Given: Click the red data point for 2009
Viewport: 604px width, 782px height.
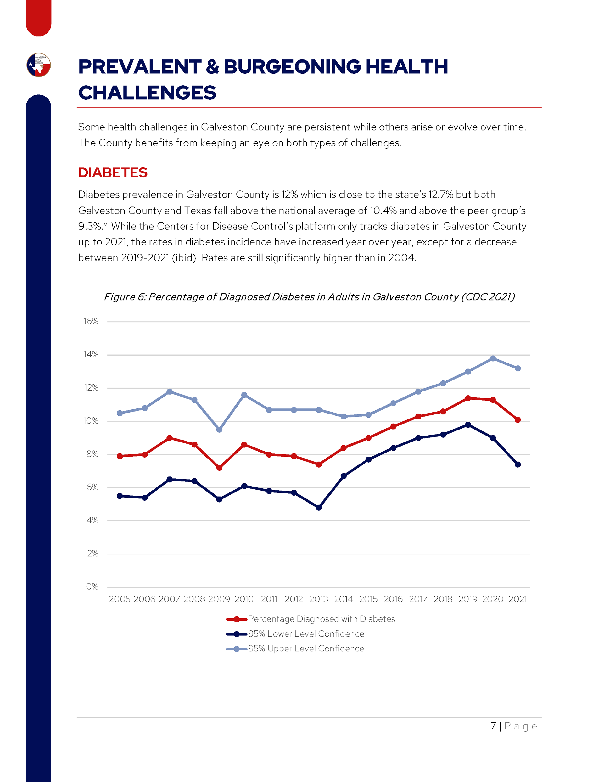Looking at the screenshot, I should click(x=219, y=468).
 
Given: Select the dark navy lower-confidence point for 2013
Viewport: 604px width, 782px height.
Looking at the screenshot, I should click(x=319, y=507).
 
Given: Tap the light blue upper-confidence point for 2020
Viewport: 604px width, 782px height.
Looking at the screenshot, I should click(x=493, y=358).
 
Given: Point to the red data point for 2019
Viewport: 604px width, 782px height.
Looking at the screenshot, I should click(x=468, y=398).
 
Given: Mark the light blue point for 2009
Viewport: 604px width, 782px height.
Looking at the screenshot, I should click(x=219, y=430).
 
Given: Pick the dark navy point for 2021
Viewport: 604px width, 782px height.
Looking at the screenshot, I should click(x=517, y=464).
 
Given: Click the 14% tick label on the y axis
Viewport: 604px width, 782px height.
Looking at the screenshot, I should click(x=91, y=354).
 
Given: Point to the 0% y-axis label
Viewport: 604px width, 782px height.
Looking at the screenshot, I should click(x=92, y=587).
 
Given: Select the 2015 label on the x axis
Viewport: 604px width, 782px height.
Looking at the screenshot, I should click(x=368, y=599).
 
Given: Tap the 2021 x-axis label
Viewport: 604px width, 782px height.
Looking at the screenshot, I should click(x=517, y=599).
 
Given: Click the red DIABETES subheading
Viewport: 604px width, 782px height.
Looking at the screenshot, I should click(x=113, y=172).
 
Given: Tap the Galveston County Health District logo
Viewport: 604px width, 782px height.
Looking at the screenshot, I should click(x=39, y=65).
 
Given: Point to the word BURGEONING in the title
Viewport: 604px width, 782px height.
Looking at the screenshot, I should click(x=292, y=67).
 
